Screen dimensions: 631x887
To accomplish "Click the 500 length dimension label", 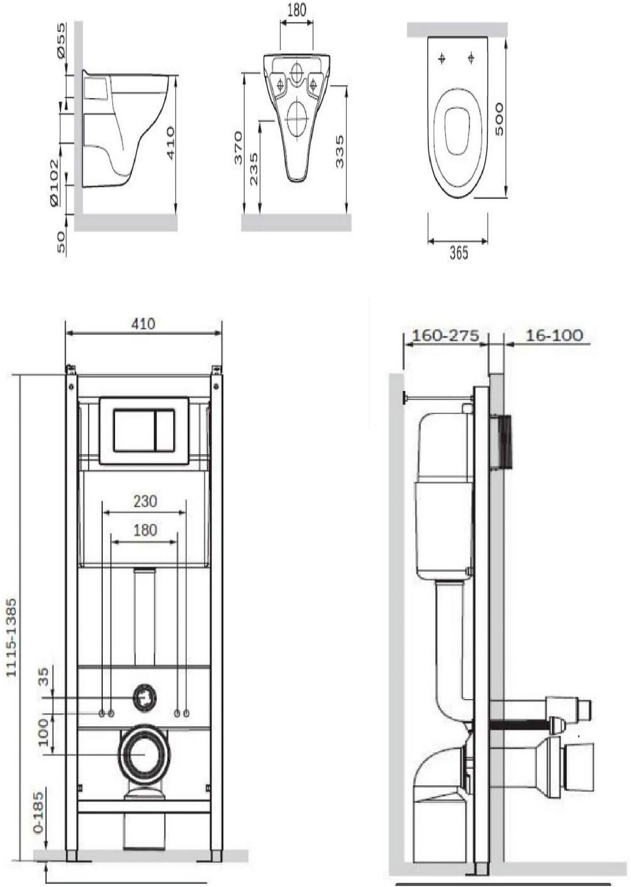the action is coord(499,119).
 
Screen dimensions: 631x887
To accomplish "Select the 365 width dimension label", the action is coord(458,252).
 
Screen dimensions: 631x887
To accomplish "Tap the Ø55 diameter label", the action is coord(61,40).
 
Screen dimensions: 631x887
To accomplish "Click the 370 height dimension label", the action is coord(238,148).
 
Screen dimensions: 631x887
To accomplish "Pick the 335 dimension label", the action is coord(340,152).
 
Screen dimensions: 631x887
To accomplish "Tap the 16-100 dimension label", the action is coord(554,336).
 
